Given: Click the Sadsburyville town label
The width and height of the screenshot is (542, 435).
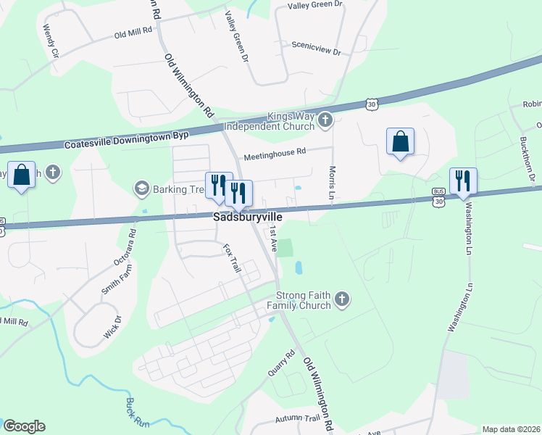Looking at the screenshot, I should pos(246,217).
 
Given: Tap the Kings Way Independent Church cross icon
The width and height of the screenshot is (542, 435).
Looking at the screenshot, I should pos(326,120).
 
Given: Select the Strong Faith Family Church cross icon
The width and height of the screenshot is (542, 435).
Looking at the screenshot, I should pos(343,299).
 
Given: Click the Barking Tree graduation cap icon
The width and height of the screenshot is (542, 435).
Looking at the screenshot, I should pos(141,188).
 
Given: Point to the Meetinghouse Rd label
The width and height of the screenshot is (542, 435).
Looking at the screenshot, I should pos(275,152).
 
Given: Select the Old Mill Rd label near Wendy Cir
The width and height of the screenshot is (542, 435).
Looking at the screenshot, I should pos(134,32).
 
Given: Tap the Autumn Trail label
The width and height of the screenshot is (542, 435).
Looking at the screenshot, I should pos(297,419).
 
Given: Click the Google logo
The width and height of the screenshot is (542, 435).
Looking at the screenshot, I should pos(24,426).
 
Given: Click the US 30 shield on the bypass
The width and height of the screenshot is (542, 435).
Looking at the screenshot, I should pos(371,105).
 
